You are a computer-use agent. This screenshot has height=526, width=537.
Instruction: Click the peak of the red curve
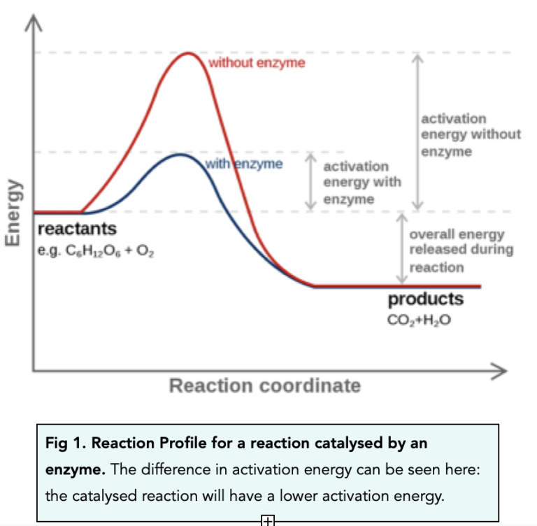[x=188, y=54]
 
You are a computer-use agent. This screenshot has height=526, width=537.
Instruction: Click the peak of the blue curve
[x=180, y=155]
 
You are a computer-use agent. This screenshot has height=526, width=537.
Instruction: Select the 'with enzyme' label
[x=244, y=164]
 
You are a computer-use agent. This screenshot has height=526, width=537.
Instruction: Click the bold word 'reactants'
[x=77, y=229]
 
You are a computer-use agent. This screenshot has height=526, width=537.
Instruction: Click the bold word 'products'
[x=425, y=299]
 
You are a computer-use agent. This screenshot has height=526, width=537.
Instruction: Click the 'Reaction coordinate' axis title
[x=265, y=385]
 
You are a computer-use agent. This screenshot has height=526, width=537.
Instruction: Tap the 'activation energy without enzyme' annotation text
[x=470, y=135]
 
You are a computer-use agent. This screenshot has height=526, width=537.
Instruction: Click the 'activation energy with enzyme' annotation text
[x=361, y=183]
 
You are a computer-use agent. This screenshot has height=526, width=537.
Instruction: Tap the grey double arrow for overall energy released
[x=402, y=249]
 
